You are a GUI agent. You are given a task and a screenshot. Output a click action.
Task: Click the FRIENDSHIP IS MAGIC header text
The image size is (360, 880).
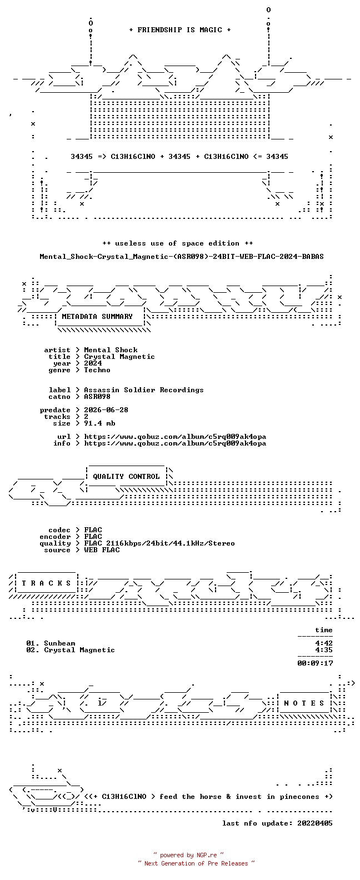pyautogui.click(x=180, y=30)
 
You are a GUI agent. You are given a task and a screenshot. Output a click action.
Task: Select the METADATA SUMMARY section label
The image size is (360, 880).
pyautogui.click(x=97, y=317)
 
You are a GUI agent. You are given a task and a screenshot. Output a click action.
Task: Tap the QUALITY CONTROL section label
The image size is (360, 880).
pyautogui.click(x=126, y=477)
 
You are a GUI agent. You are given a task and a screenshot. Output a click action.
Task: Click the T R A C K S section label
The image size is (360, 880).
pyautogui.click(x=46, y=583)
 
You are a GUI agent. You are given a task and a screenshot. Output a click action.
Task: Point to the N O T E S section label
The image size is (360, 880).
pyautogui.click(x=304, y=703)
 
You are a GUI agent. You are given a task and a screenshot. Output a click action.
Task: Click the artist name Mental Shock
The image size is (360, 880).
pyautogui.click(x=111, y=349)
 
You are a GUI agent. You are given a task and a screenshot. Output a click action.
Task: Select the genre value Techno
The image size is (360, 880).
pyautogui.click(x=97, y=369)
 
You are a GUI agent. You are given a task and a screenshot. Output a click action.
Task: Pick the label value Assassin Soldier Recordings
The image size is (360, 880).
pyautogui.click(x=144, y=389)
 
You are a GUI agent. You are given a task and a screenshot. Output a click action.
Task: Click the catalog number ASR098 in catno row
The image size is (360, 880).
pyautogui.click(x=97, y=397)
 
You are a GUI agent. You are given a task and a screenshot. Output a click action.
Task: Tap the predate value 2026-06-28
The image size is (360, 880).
pyautogui.click(x=106, y=410)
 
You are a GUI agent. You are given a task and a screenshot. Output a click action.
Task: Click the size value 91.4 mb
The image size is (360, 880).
pyautogui.click(x=99, y=423)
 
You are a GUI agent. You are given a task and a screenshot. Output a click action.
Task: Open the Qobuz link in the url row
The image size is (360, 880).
pyautogui.click(x=175, y=437)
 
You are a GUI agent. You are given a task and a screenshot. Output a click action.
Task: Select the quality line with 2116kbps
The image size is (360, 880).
pyautogui.click(x=159, y=543)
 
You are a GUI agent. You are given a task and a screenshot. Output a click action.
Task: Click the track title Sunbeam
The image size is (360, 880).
pyautogui.click(x=59, y=643)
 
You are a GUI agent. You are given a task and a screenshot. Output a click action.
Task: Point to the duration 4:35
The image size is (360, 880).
pyautogui.click(x=324, y=650)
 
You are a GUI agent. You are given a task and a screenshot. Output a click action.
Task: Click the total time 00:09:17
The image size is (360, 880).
pyautogui.click(x=315, y=663)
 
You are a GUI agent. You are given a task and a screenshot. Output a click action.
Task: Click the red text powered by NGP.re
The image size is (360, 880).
pyautogui.click(x=189, y=855)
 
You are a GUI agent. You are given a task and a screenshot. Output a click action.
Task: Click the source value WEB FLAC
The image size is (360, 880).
pyautogui.click(x=102, y=550)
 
